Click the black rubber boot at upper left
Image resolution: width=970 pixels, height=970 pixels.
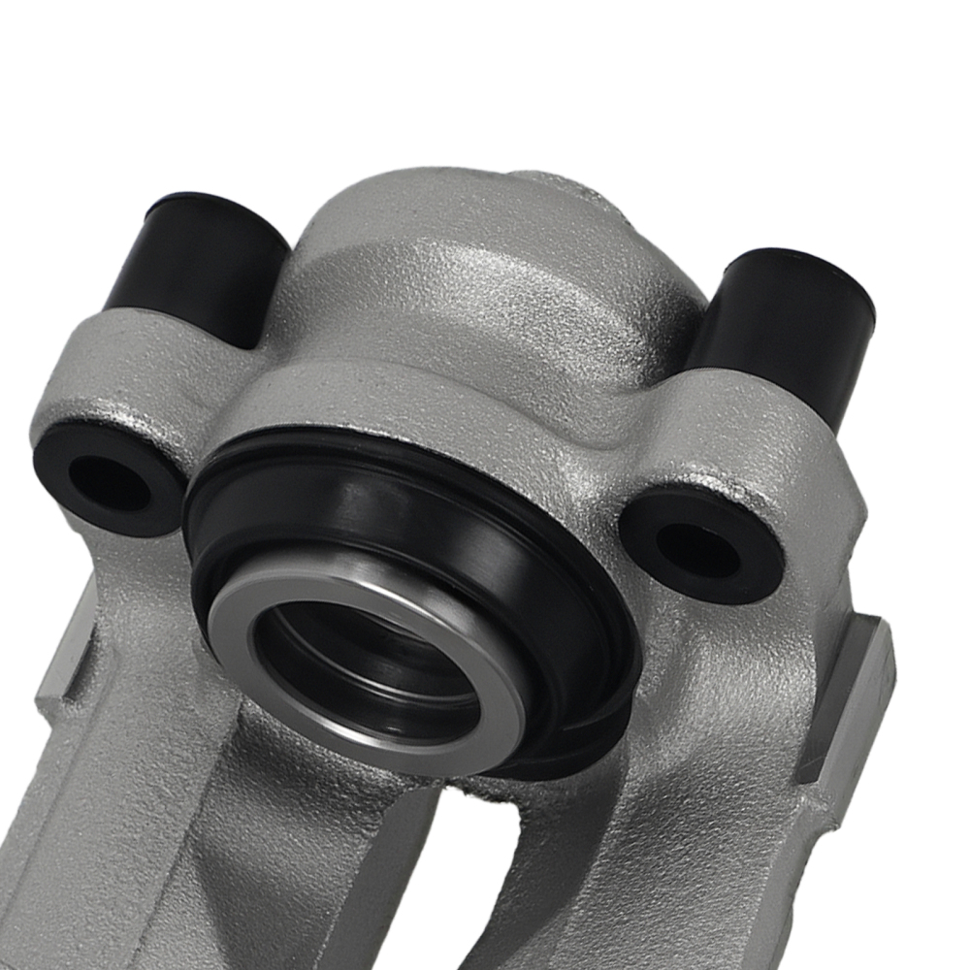pos(199,262)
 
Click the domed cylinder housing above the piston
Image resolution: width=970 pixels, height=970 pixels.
pos(466,291)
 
